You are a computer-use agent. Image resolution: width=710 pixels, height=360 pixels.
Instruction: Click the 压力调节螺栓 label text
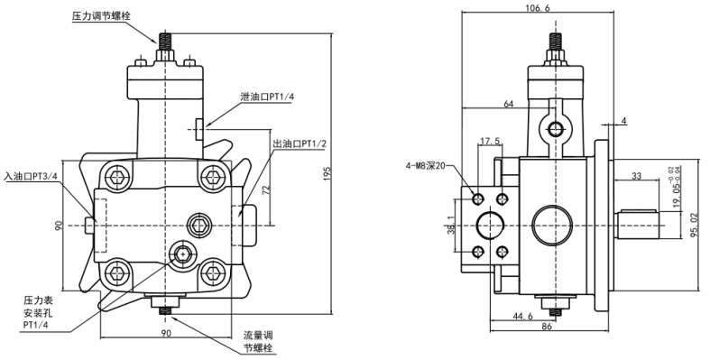click(101, 16)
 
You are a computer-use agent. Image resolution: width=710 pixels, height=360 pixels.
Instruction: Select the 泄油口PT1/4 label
click(263, 97)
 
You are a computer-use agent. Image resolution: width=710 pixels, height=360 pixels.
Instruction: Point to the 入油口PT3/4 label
click(31, 176)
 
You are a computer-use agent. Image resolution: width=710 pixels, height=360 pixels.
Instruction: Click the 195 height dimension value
click(327, 173)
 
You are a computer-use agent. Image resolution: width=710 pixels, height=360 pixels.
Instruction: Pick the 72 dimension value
click(267, 189)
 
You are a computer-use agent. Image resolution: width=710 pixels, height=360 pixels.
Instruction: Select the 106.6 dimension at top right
click(537, 8)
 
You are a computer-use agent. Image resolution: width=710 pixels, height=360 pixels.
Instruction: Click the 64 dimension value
click(509, 104)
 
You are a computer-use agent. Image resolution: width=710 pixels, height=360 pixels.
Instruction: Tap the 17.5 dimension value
click(490, 142)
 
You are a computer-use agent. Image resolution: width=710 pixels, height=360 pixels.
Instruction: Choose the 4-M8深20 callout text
click(426, 166)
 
